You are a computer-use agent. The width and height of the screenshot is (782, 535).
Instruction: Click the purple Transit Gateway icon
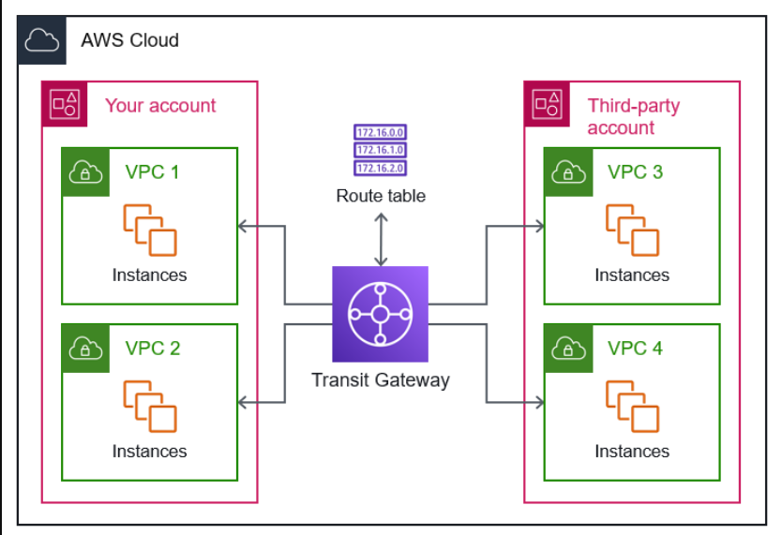(380, 314)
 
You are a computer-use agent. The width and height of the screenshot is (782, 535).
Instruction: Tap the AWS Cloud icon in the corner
(42, 40)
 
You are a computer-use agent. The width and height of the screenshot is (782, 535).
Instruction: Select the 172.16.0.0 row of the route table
(380, 132)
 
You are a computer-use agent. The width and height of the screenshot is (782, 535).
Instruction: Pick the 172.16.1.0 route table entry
(380, 150)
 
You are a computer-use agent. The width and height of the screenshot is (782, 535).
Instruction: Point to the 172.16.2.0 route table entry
(380, 168)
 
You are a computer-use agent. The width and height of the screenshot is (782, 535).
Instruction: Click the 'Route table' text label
(381, 196)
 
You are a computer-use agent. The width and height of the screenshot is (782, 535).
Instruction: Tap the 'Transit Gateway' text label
(381, 380)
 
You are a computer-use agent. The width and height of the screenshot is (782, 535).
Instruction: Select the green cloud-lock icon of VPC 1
(85, 172)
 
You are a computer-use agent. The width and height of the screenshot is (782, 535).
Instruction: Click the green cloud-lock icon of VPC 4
(568, 349)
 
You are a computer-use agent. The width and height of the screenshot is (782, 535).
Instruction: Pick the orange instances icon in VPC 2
(150, 407)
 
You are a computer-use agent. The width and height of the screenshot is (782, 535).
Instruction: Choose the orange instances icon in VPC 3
(632, 230)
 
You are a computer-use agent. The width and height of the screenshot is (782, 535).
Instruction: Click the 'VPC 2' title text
(153, 349)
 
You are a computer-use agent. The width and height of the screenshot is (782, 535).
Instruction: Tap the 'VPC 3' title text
(636, 171)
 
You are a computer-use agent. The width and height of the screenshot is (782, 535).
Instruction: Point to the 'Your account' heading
(160, 106)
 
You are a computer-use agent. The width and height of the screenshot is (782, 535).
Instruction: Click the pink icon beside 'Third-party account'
(547, 104)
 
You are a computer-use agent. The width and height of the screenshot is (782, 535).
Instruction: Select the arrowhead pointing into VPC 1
(242, 226)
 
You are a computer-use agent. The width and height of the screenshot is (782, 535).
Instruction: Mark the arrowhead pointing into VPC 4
(540, 402)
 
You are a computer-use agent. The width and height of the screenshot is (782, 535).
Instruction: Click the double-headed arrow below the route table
(381, 240)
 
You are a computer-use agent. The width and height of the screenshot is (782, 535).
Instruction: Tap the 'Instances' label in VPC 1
(150, 275)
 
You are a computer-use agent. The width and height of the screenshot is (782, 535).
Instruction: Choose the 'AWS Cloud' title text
(130, 40)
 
